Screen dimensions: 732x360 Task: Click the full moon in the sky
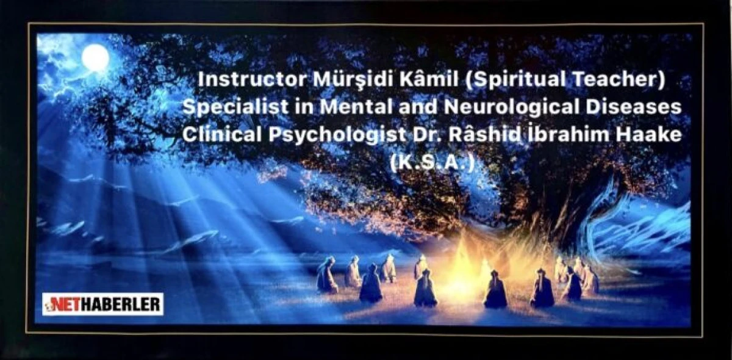95,57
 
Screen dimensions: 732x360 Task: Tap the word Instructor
252,79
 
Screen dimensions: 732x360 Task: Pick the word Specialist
235,107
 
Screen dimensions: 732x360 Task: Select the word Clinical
222,135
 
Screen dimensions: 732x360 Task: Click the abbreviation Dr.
426,135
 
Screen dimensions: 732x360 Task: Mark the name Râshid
484,134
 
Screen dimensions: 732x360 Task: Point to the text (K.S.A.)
432,163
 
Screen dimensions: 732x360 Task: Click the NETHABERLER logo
102,304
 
